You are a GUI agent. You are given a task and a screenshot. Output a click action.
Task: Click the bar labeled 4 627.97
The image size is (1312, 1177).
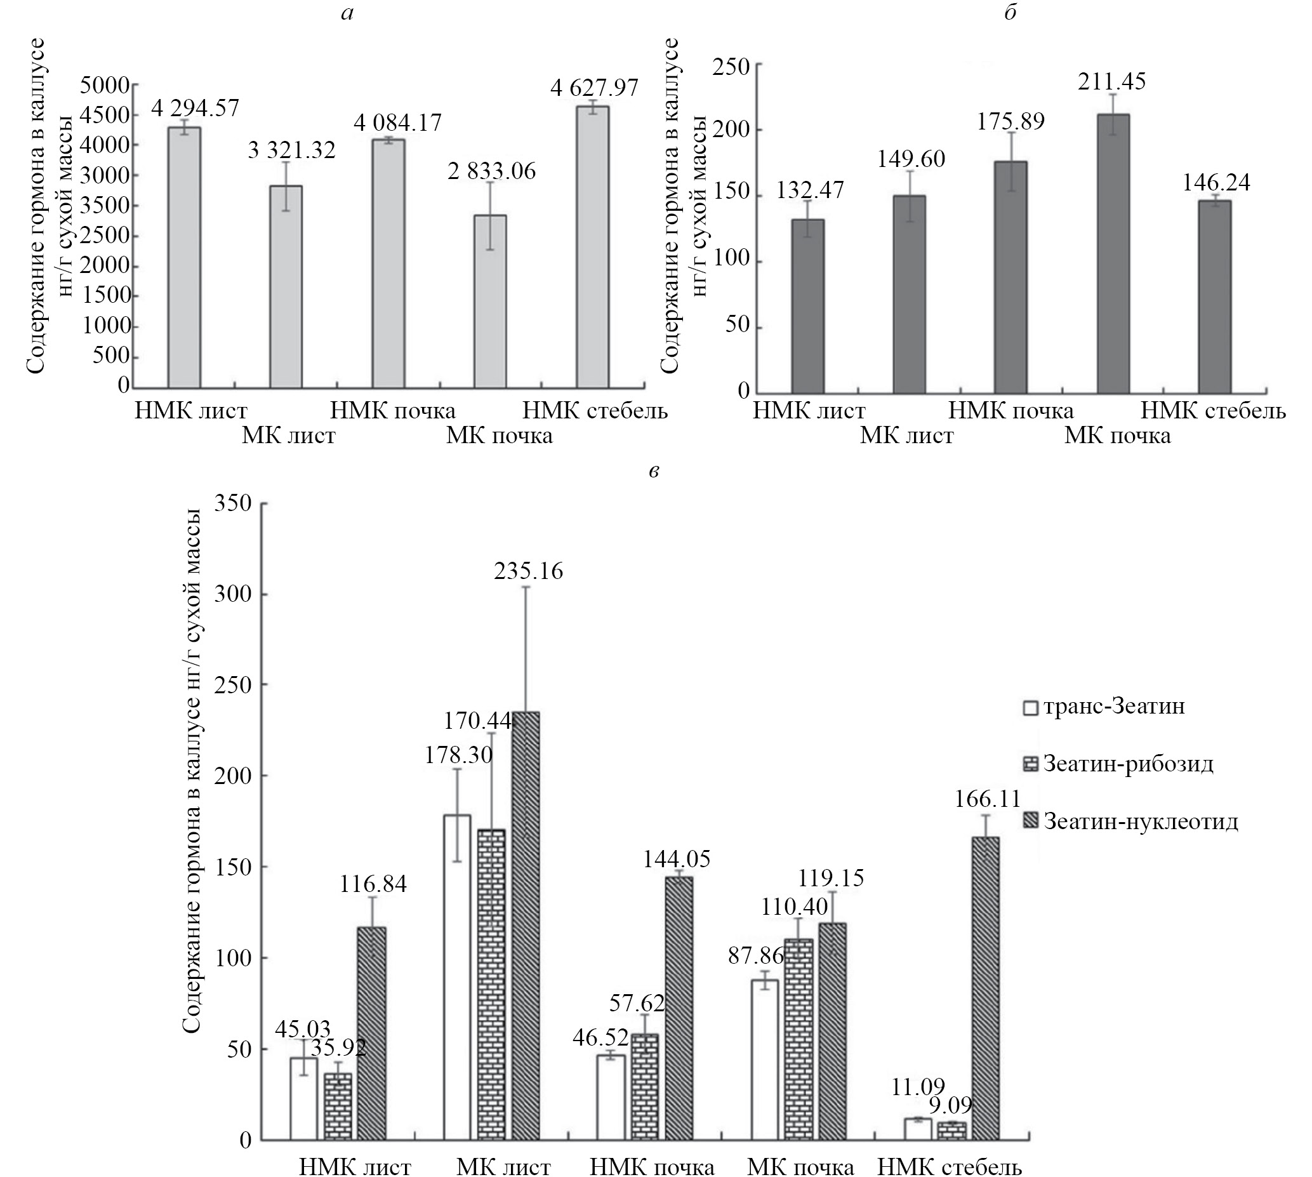click(x=592, y=247)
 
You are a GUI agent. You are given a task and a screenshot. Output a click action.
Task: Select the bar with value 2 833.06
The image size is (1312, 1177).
click(x=490, y=302)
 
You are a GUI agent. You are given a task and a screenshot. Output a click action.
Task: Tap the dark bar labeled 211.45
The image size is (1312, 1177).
click(x=1113, y=253)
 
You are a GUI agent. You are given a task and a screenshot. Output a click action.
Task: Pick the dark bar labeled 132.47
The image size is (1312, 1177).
click(x=807, y=306)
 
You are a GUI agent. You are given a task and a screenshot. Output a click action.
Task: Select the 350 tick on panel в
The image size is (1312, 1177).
click(x=235, y=503)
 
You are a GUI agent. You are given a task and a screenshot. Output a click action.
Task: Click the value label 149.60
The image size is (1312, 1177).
click(x=910, y=159)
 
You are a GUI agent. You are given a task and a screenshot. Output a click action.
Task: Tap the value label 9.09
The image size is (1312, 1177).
click(x=951, y=1105)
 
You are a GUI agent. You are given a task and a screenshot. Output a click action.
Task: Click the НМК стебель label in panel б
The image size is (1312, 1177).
click(x=1213, y=411)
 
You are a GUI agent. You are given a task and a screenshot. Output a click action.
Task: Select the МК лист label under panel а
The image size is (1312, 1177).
click(x=288, y=436)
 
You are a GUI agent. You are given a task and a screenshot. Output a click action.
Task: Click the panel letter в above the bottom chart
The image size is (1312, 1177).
click(x=654, y=472)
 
